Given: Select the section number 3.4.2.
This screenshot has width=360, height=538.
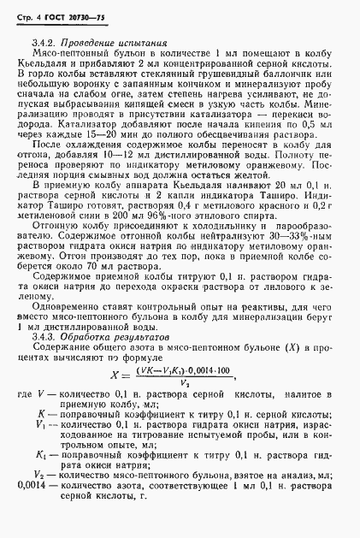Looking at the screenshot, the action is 44,41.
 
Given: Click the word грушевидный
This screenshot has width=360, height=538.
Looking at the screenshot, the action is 230,74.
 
